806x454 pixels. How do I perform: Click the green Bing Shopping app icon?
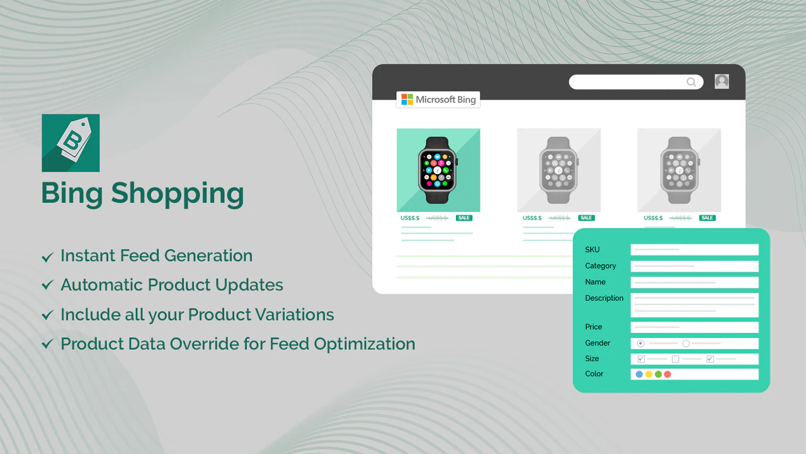[x=71, y=143]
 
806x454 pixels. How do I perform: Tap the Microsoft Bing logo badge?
[x=438, y=100]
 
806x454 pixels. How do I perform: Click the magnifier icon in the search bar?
[x=691, y=82]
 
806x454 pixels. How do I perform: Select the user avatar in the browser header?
[x=722, y=81]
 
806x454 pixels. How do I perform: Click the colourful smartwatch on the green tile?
[x=438, y=170]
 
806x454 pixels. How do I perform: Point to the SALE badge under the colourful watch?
[x=464, y=218]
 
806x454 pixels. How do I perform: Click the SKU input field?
[x=695, y=250]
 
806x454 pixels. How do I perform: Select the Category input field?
[x=695, y=266]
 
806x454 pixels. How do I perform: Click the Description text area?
[x=695, y=305]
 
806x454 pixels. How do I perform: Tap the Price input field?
[x=695, y=327]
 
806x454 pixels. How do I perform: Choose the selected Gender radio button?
[x=641, y=344]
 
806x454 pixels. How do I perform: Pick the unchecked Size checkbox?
[x=675, y=359]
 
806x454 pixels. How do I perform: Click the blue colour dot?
[x=639, y=375]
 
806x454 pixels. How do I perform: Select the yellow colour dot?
[x=649, y=375]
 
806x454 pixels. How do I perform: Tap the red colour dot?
[x=667, y=375]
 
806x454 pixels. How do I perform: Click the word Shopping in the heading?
[x=178, y=194]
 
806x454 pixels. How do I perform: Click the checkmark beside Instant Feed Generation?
[x=47, y=257]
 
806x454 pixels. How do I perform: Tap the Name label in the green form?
[x=595, y=282]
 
